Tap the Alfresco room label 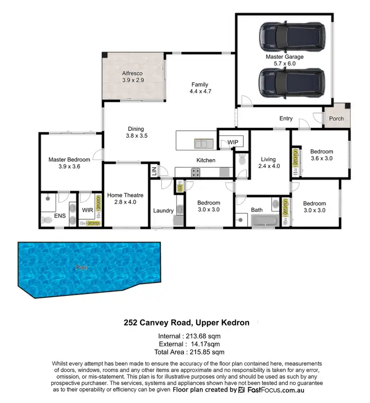(132, 77)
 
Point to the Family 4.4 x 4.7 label (200, 88)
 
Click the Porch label (336, 119)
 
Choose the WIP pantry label (233, 143)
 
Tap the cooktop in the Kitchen (195, 172)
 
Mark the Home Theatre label (121, 199)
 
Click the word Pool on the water (82, 267)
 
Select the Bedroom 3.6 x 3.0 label (321, 155)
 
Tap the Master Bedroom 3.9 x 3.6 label (69, 163)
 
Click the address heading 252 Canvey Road (186, 322)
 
